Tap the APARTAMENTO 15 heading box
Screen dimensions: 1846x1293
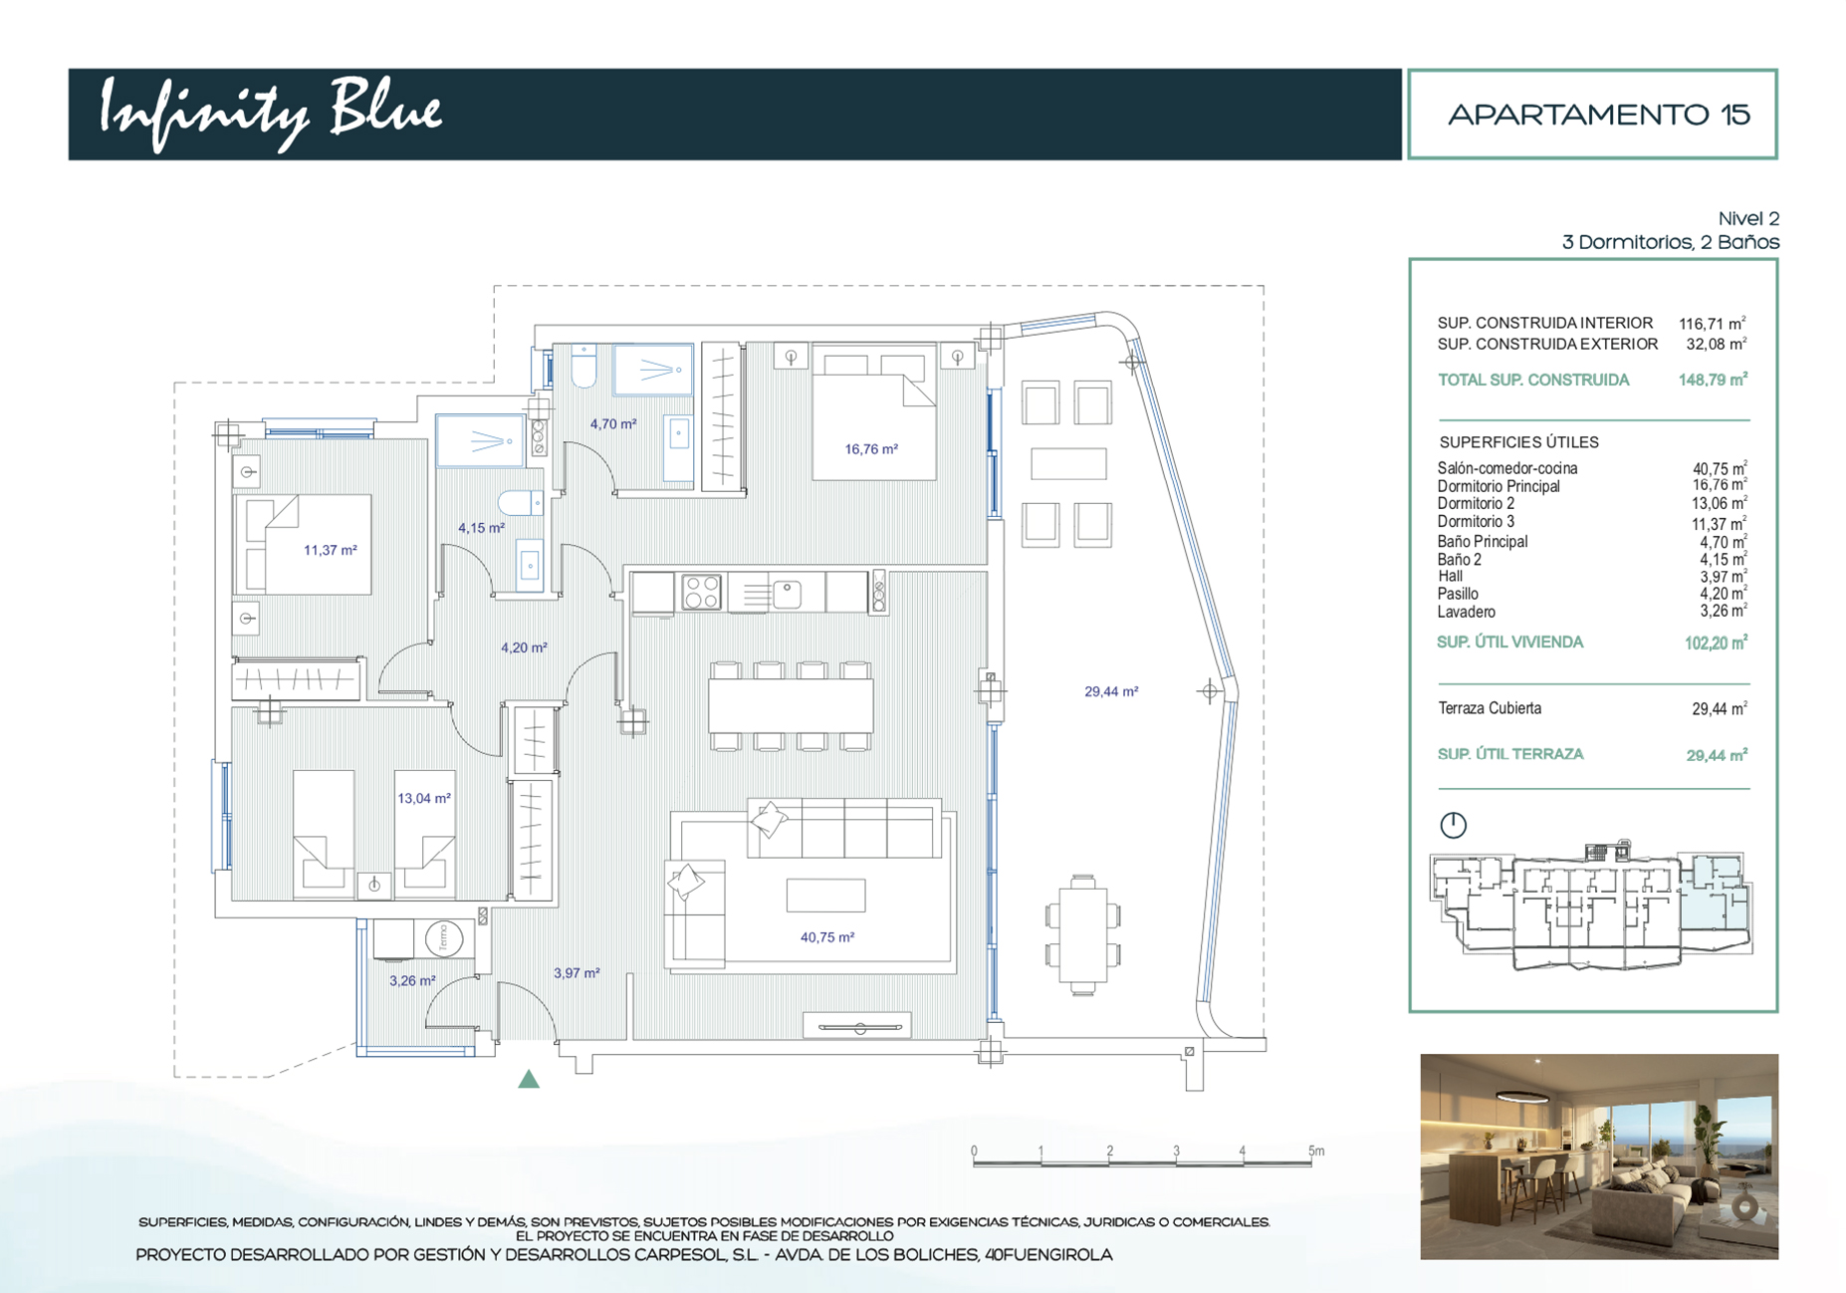point(1592,114)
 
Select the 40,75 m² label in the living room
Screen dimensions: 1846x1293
point(827,937)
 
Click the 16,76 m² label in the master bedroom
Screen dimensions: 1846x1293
point(871,449)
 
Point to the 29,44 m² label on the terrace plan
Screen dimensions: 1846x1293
point(1111,691)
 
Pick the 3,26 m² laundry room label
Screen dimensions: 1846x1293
point(412,981)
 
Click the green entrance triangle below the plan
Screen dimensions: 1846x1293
point(529,1079)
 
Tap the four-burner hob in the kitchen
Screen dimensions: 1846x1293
point(702,592)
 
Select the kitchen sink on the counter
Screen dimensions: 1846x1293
point(787,594)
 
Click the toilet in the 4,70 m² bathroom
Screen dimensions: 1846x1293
point(583,368)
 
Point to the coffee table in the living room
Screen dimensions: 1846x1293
point(825,896)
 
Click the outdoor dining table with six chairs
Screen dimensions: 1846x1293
point(1083,934)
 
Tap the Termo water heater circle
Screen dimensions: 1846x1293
point(443,938)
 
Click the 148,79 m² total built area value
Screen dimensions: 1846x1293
point(1713,380)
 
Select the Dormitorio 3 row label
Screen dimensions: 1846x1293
point(1476,522)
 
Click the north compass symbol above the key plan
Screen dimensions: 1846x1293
point(1454,825)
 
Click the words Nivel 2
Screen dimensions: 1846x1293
point(1748,218)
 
